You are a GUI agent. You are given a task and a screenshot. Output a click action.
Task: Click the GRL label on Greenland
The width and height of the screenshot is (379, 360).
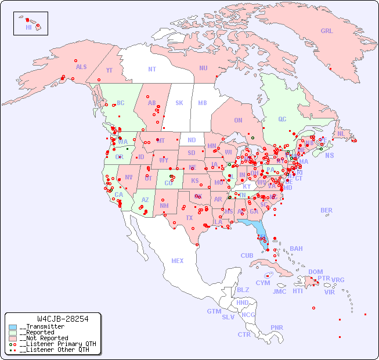click(327, 31)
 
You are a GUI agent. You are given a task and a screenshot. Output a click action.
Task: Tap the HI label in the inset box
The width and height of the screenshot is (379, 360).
click(28, 27)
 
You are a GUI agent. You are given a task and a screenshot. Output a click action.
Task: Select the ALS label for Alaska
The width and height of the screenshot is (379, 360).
click(81, 67)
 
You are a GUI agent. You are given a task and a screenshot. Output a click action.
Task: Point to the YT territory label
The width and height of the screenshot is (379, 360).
click(109, 71)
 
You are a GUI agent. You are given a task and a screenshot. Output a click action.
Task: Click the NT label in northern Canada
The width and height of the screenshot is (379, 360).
click(152, 69)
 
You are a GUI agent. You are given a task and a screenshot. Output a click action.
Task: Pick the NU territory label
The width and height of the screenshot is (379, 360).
click(203, 68)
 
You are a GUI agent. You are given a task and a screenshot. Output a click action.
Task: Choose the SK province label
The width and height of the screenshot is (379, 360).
click(179, 103)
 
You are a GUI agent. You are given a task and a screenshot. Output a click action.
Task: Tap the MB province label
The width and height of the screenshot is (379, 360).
click(203, 103)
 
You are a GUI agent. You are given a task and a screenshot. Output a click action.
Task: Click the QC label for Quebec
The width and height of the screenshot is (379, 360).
click(282, 120)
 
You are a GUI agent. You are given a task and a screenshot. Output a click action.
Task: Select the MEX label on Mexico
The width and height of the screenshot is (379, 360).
click(178, 261)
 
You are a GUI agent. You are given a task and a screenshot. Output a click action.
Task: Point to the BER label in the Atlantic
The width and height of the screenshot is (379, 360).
click(327, 211)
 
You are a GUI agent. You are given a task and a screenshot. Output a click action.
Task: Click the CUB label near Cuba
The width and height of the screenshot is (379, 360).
click(247, 256)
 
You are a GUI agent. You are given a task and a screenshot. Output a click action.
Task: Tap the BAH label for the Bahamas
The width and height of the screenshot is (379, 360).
click(296, 249)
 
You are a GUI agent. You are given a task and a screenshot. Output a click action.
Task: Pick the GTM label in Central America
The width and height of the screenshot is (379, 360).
click(214, 311)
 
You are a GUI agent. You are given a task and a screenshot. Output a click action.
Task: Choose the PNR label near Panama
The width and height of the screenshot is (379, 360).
click(277, 327)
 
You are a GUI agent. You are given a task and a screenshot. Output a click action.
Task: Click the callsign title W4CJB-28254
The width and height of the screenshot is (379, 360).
click(62, 319)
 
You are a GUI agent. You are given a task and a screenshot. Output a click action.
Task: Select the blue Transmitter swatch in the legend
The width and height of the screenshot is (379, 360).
click(13, 327)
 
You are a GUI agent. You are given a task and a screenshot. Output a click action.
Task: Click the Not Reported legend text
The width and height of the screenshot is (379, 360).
click(44, 338)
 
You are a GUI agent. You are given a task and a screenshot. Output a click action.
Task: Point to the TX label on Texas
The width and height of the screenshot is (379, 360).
click(189, 218)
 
